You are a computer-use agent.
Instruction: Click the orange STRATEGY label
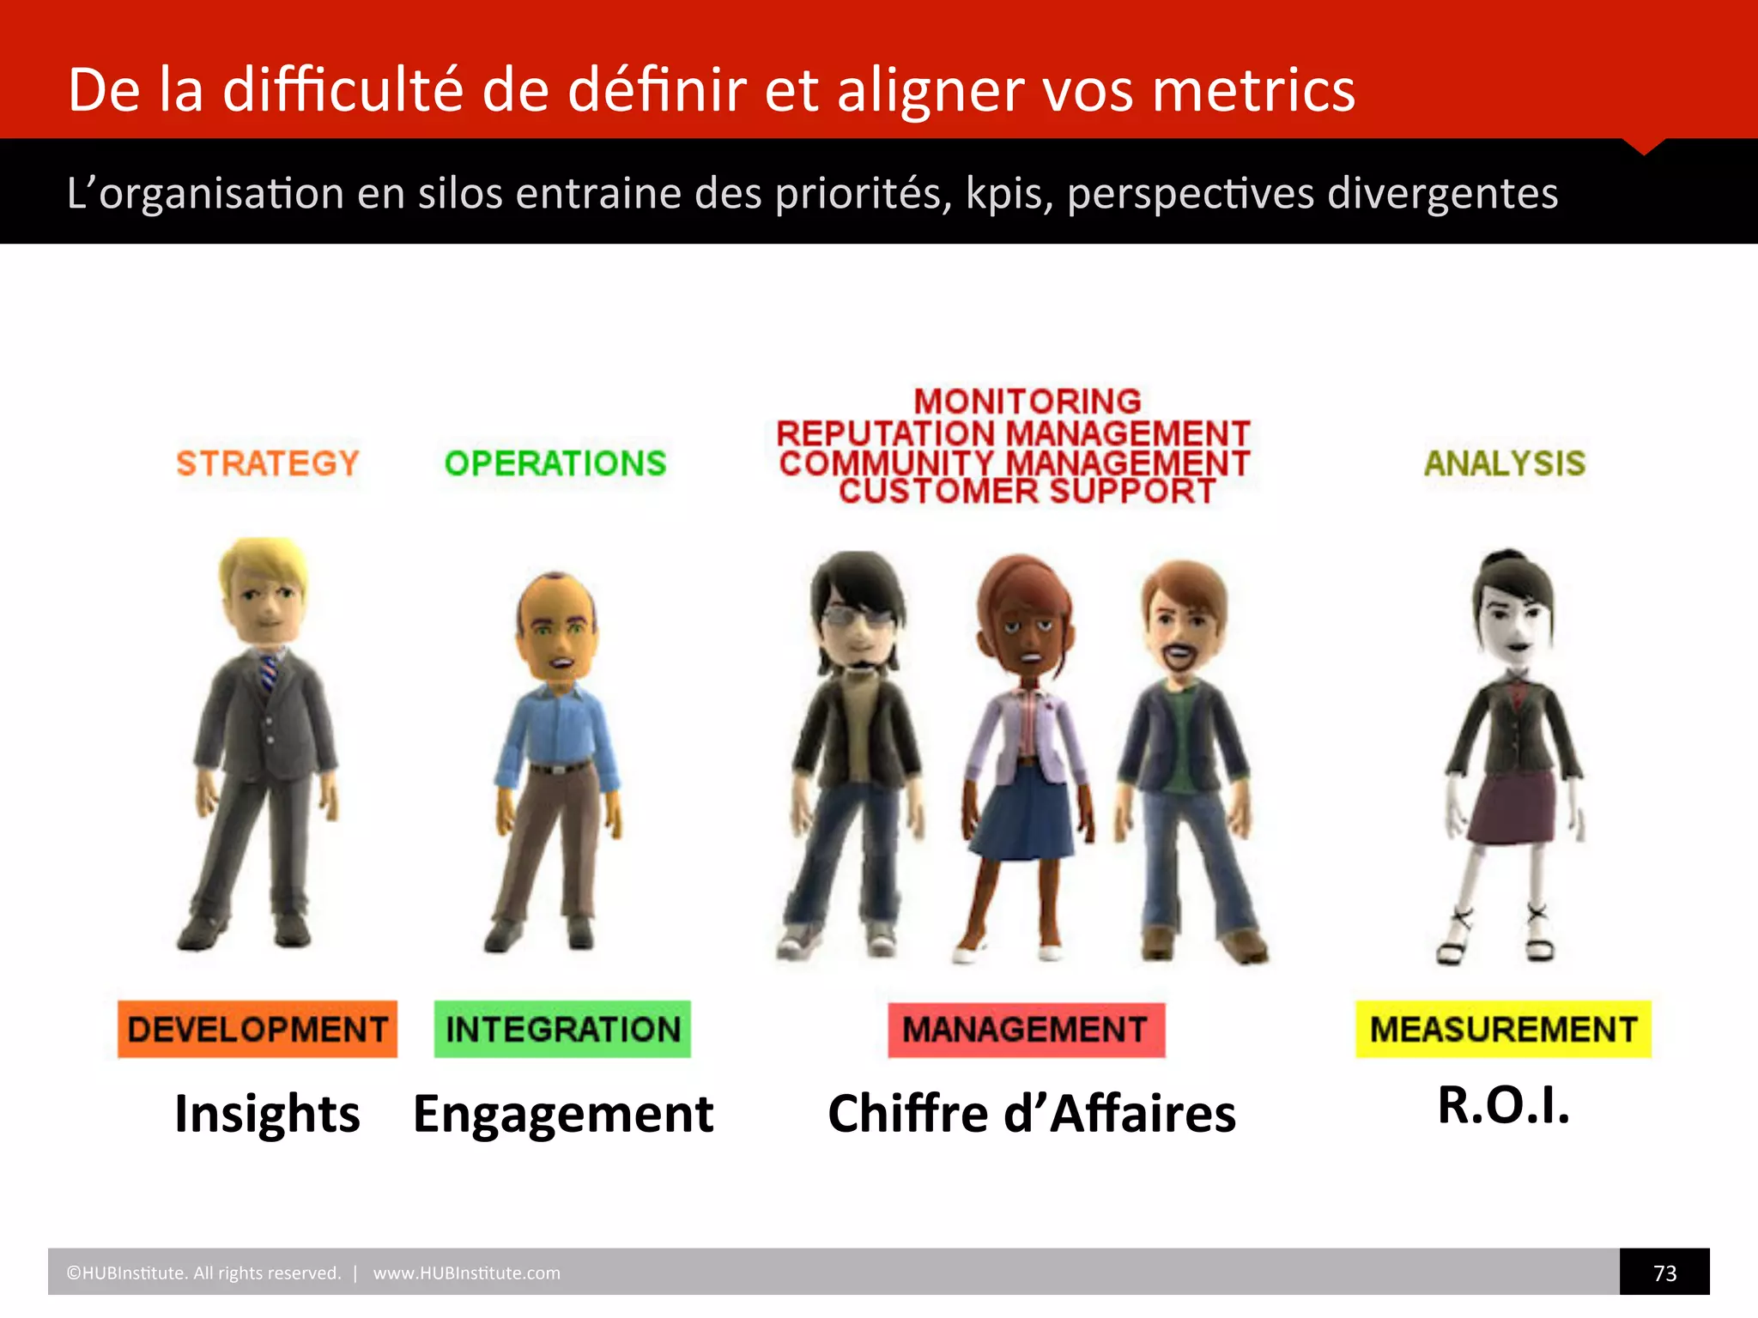[267, 463]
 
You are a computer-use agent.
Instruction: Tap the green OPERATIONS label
[555, 463]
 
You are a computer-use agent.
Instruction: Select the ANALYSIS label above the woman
[1504, 463]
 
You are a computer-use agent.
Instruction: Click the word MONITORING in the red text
[1028, 402]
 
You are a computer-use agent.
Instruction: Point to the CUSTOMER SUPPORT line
[1028, 492]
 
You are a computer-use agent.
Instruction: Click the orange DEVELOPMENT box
[258, 1029]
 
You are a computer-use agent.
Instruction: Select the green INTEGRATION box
[562, 1029]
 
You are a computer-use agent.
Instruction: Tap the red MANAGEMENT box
[1026, 1030]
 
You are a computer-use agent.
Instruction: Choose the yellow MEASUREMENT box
[1503, 1029]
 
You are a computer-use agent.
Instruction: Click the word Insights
[267, 1114]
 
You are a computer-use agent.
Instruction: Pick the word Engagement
[563, 1114]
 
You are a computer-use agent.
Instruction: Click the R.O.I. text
[1504, 1105]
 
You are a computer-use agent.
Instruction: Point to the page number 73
[1664, 1273]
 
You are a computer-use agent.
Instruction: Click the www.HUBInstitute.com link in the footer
[466, 1273]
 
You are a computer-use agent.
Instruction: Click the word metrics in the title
[1253, 90]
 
